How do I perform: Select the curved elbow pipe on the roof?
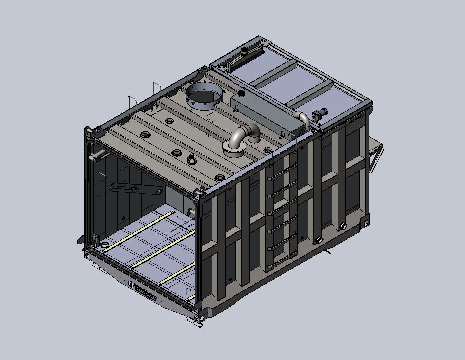[244, 134]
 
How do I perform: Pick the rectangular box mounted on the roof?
[267, 112]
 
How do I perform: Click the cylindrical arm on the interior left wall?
[135, 189]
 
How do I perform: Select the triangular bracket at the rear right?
[376, 152]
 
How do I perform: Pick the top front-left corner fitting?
[88, 132]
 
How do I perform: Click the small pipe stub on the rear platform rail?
[246, 51]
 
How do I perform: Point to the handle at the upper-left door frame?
[94, 157]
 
